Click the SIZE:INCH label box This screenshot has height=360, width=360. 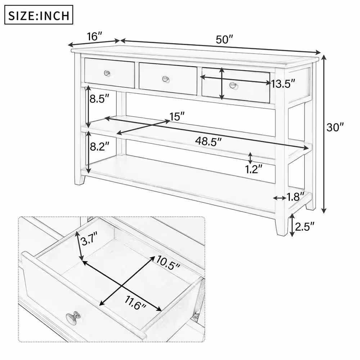pos(39,15)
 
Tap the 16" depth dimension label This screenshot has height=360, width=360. pos(95,36)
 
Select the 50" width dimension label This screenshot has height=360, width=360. pos(225,40)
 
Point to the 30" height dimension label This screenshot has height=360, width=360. pos(335,127)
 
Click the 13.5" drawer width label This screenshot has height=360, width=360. pos(284,84)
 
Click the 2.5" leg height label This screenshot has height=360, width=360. pos(305,226)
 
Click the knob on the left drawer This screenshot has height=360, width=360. pos(107,73)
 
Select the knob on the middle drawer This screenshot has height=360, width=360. pos(165,78)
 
